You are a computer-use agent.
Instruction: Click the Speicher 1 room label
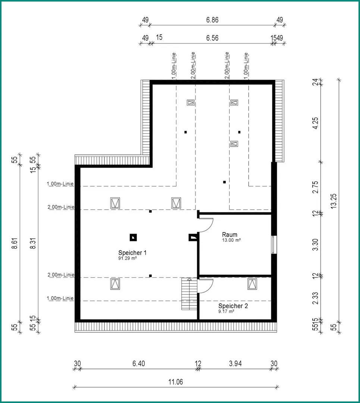click(132, 253)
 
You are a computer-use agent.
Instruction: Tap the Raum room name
click(230, 235)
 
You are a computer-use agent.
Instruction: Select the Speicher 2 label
click(233, 306)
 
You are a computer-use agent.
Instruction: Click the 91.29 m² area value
click(128, 258)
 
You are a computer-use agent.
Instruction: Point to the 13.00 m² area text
click(231, 240)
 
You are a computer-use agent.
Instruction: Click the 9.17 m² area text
click(226, 311)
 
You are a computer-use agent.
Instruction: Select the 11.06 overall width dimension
click(175, 382)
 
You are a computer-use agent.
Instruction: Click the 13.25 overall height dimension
click(334, 201)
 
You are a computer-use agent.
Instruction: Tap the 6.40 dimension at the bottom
click(139, 364)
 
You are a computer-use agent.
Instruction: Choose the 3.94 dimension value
click(235, 364)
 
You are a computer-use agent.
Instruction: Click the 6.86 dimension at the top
click(212, 20)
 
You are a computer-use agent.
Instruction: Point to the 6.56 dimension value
click(212, 38)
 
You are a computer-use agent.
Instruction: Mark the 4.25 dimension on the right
click(315, 123)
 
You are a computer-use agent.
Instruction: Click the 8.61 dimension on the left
click(15, 243)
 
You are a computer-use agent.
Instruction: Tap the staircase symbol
click(190, 294)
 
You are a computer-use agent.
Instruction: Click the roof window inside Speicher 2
click(252, 284)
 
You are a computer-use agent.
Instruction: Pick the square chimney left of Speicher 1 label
click(133, 237)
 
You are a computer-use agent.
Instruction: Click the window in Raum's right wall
click(274, 244)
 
